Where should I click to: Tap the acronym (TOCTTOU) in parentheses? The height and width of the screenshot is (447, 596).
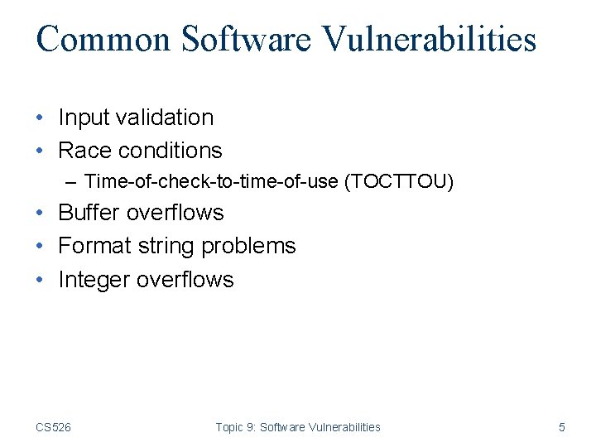point(399,181)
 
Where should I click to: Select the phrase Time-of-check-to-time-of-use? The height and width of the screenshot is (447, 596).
point(211,181)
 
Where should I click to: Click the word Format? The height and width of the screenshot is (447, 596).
point(92,246)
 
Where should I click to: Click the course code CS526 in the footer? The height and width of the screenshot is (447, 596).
point(53,427)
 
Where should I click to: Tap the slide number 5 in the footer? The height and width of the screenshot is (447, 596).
point(562,427)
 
